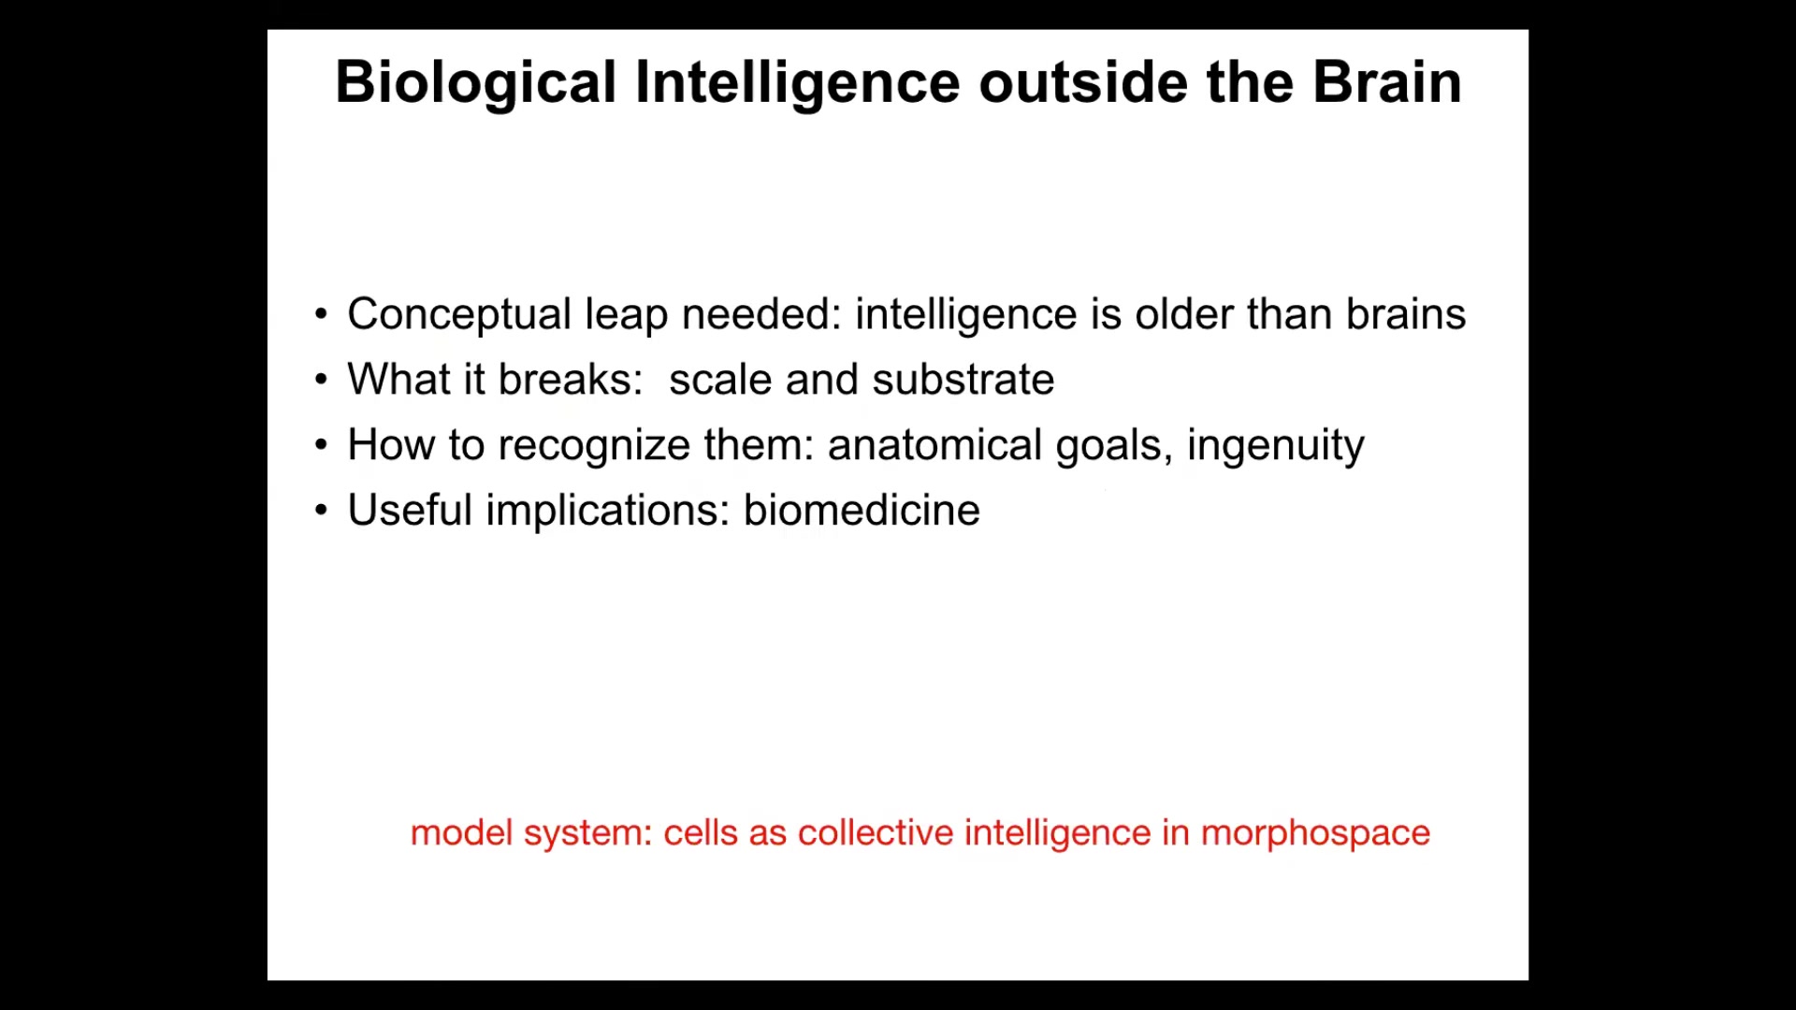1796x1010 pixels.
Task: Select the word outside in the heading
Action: (x=1083, y=82)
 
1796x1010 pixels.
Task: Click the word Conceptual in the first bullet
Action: (x=459, y=315)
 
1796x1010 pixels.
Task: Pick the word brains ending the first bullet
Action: (x=1406, y=314)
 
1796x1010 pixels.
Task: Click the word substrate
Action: (x=963, y=381)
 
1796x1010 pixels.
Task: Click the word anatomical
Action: (x=934, y=446)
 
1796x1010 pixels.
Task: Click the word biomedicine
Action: (x=862, y=511)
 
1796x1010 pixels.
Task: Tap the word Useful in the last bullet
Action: (x=410, y=511)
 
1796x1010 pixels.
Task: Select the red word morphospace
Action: (x=1315, y=834)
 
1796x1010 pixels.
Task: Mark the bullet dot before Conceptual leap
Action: (x=322, y=314)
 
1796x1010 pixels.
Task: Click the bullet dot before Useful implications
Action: (x=322, y=511)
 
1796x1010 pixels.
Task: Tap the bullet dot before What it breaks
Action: (x=322, y=380)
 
